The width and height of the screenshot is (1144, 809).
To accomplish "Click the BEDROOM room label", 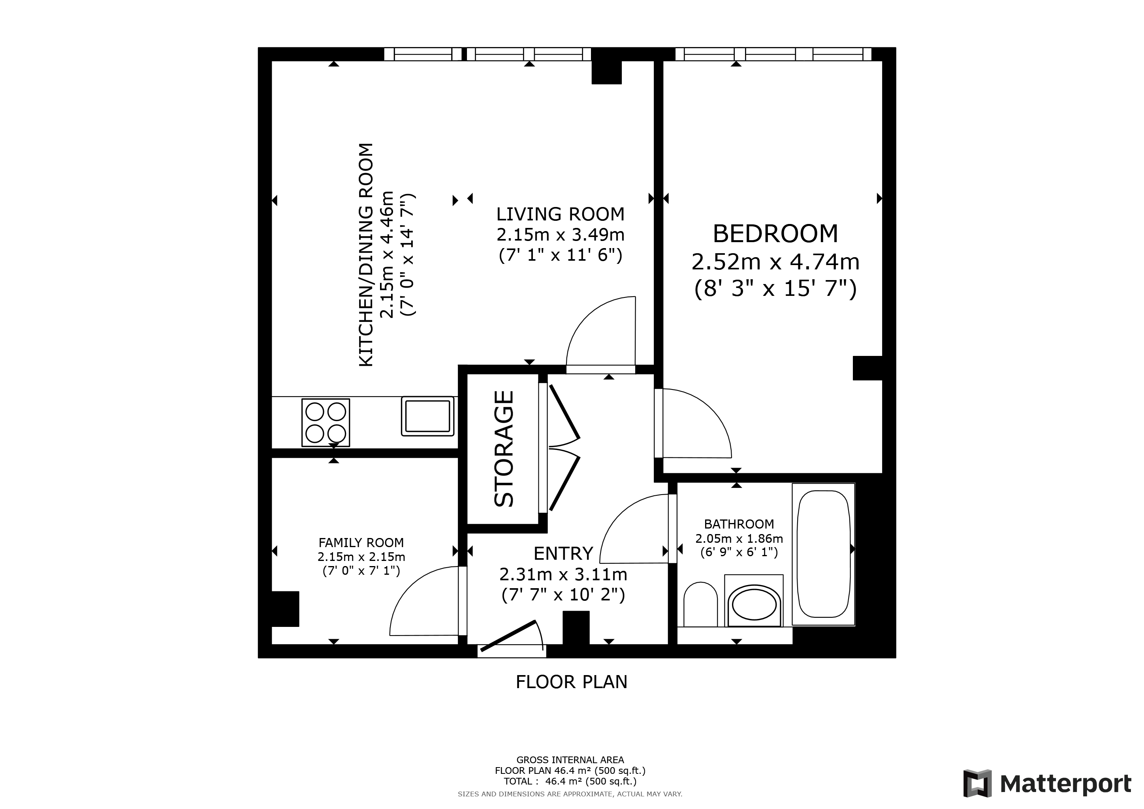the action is tap(775, 233).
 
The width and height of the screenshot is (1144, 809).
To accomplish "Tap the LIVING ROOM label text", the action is tap(561, 214).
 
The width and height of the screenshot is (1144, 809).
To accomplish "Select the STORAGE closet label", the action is tap(504, 448).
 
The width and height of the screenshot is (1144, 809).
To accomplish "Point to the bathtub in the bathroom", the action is tap(824, 554).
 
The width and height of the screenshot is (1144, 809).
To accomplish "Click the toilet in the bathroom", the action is tap(700, 604).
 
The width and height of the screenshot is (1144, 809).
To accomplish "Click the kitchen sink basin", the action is tap(428, 416).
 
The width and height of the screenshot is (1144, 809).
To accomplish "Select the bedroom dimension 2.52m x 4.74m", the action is tap(775, 262).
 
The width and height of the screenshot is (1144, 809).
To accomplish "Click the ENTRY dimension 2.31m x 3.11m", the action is tap(563, 574).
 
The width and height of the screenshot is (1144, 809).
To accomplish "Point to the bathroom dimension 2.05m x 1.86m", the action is tap(739, 538).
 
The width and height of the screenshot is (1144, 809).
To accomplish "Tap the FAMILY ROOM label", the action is tap(361, 542).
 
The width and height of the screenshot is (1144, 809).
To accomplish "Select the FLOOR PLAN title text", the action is tap(572, 682).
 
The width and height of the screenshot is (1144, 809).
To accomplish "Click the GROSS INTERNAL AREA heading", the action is tap(570, 760).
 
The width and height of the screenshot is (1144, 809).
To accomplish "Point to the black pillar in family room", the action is tap(285, 609).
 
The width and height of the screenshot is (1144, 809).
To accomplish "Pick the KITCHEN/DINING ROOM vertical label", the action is tap(366, 255).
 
